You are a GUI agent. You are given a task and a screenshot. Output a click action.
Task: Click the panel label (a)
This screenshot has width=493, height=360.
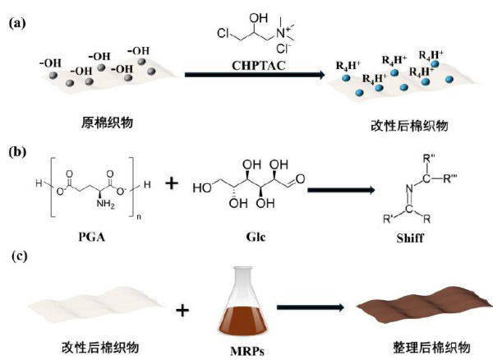[17, 23]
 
